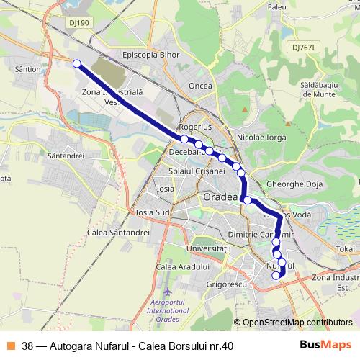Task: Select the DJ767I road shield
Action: coord(305,47)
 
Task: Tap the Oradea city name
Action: coord(220,196)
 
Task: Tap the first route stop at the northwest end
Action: coord(76,63)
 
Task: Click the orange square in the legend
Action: coord(10,346)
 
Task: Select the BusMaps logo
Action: coord(325,346)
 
